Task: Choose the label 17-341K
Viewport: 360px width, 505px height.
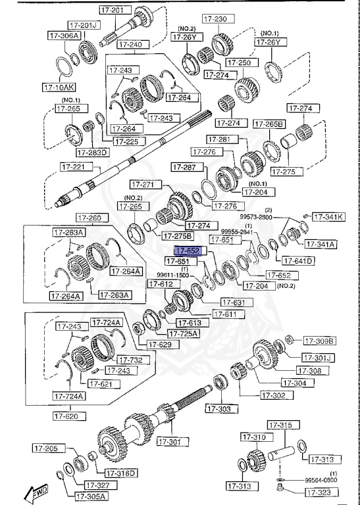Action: pos(328,216)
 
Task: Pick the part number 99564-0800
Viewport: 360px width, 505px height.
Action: pos(321,481)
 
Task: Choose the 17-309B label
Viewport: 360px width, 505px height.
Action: pos(319,341)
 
